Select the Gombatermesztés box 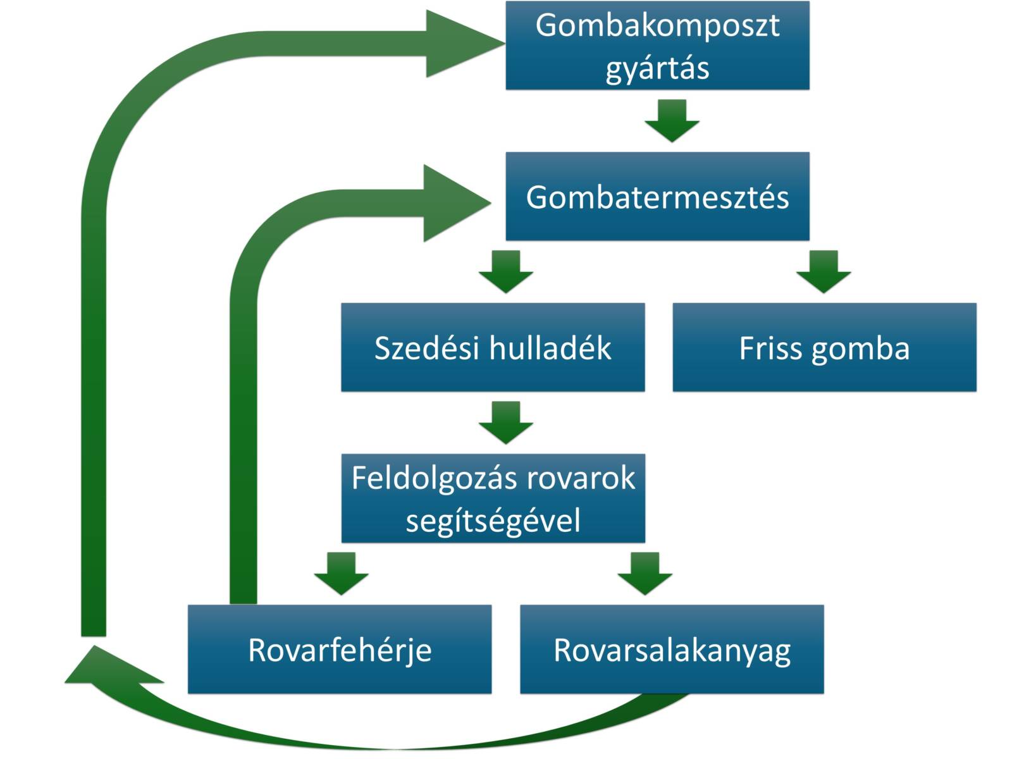(657, 196)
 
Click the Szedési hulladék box (493, 347)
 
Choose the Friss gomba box (824, 347)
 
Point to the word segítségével (493, 521)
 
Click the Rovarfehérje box (340, 650)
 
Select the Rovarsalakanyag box (672, 650)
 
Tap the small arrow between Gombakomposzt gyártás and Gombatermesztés (672, 120)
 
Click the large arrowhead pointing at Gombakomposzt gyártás (459, 44)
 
